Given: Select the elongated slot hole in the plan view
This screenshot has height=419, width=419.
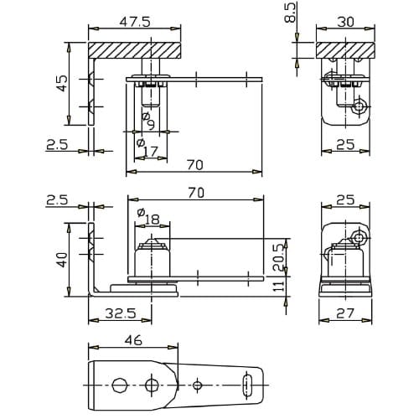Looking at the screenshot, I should pyautogui.click(x=247, y=385).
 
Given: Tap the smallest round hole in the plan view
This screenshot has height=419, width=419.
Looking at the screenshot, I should pyautogui.click(x=198, y=385).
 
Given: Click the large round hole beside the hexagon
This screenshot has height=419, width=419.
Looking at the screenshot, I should pyautogui.click(x=152, y=385).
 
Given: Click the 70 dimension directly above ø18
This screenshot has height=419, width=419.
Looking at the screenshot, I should pyautogui.click(x=195, y=193).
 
